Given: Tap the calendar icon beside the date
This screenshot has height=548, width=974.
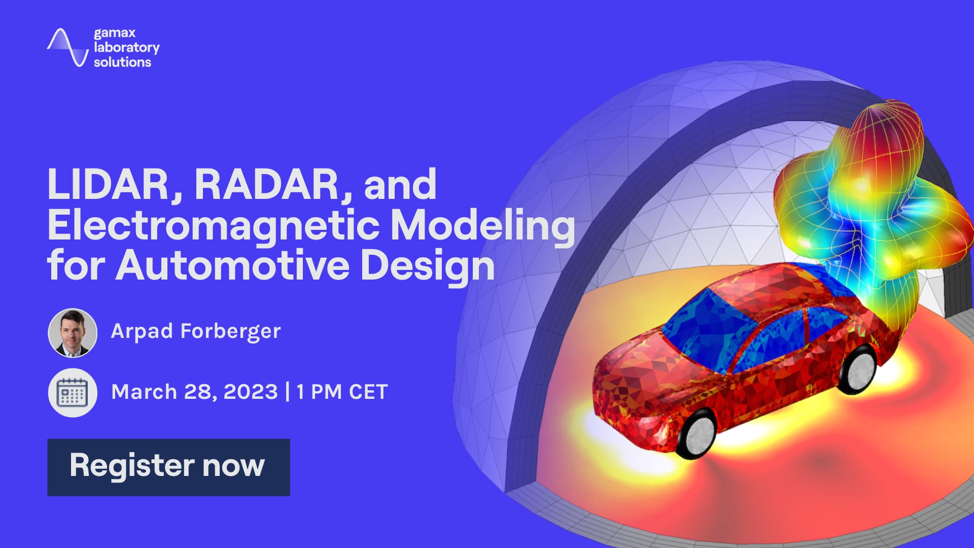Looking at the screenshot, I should tap(73, 393).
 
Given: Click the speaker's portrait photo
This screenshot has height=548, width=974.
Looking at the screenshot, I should tap(73, 333).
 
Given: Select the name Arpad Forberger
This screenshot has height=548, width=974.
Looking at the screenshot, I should tap(195, 331).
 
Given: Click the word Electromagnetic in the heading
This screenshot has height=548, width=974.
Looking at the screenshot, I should tap(213, 226).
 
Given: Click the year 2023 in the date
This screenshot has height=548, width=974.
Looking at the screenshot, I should tap(251, 392).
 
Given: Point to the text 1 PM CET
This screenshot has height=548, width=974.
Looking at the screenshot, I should tap(342, 392).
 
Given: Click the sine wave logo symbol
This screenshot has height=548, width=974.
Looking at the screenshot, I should tap(68, 48).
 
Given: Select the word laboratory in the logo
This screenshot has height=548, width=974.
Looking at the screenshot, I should tap(126, 48).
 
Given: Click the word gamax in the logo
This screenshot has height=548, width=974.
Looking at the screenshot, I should tap(115, 33).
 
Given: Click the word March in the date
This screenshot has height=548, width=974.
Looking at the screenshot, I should tap(144, 392).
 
